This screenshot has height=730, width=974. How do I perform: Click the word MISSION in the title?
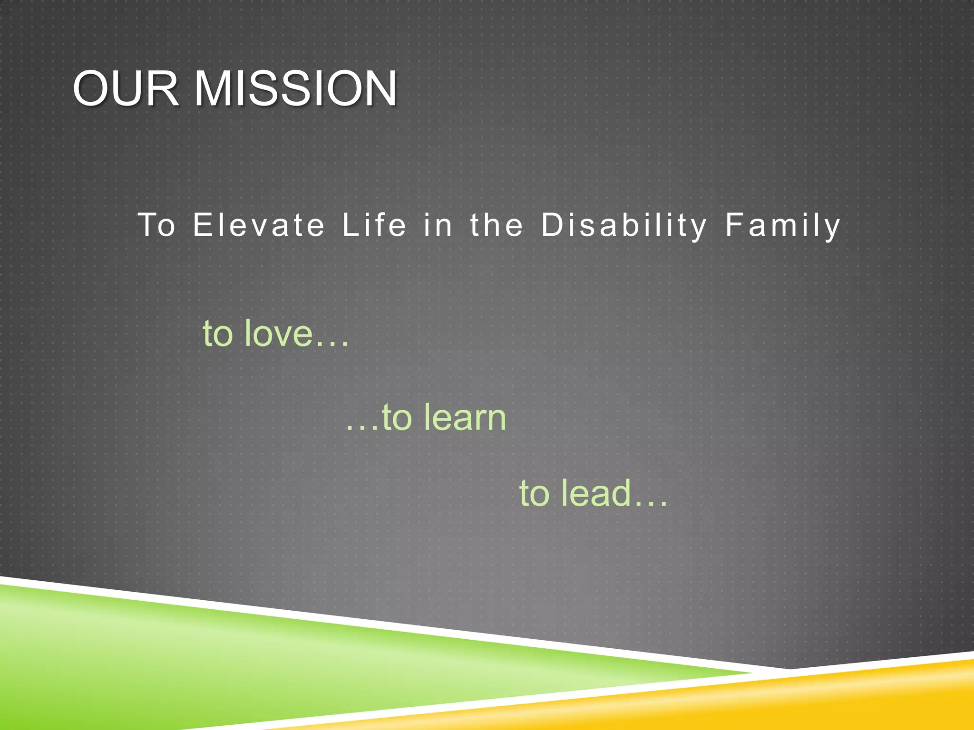coord(295,89)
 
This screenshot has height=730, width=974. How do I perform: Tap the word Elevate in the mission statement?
coord(259,225)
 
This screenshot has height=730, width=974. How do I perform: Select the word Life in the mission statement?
coord(374,225)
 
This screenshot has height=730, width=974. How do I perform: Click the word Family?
coord(783,225)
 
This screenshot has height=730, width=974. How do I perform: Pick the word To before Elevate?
coord(156,225)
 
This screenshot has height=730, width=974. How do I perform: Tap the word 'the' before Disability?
coord(497,225)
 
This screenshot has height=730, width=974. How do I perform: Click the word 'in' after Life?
coord(438,225)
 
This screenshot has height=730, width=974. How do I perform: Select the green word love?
coord(279,333)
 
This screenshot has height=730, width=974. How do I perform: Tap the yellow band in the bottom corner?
coord(880,699)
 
